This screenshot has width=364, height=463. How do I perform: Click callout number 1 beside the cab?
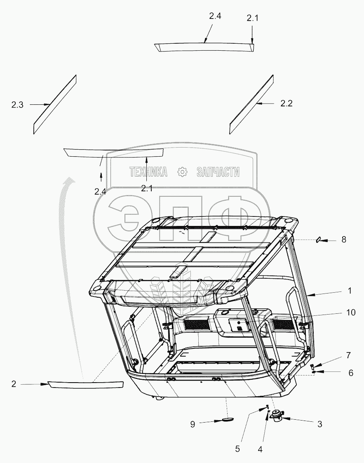point(349,291)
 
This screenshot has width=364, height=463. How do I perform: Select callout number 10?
point(350,313)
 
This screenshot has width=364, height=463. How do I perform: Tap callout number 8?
point(343,239)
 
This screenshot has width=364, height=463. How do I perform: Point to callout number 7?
point(348,355)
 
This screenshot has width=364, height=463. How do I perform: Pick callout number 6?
point(350,373)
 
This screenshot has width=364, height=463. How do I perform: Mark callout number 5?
point(237,449)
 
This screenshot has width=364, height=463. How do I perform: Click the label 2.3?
point(17,105)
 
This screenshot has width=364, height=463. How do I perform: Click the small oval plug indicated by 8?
point(319,240)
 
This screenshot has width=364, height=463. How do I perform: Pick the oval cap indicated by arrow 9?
point(227,420)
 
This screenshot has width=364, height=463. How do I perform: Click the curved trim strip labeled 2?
point(85,385)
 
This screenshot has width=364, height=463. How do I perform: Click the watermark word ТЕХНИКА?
point(148,172)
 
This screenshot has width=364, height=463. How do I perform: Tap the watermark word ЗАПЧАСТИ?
point(218,172)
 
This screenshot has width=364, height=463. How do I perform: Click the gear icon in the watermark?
point(182,172)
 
